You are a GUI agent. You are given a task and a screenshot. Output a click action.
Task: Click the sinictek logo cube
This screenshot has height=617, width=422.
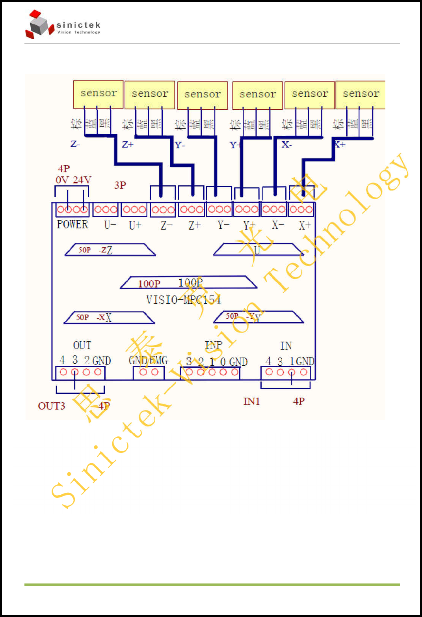click(x=39, y=25)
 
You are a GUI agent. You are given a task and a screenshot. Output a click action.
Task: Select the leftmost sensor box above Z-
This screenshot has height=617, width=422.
click(x=98, y=94)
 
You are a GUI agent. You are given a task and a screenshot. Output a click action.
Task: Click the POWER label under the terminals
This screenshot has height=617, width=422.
click(x=73, y=224)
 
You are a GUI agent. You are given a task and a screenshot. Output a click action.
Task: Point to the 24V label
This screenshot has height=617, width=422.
click(x=82, y=180)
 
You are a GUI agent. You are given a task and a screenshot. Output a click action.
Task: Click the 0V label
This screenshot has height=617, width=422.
click(x=62, y=180)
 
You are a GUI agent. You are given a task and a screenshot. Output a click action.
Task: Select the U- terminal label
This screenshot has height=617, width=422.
click(x=110, y=225)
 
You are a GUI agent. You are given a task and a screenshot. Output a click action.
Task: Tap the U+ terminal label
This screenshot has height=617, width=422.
click(x=135, y=225)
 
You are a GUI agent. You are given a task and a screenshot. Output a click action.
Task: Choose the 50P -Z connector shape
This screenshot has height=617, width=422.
click(x=110, y=250)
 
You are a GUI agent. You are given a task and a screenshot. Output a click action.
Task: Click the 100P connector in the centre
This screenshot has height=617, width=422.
click(x=188, y=282)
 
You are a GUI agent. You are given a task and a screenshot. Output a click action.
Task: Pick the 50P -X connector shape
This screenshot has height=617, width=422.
click(x=109, y=318)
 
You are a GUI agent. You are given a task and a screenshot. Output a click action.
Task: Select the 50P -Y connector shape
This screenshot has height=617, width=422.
click(x=258, y=317)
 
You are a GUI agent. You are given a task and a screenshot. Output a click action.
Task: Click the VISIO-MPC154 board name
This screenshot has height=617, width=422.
click(x=183, y=300)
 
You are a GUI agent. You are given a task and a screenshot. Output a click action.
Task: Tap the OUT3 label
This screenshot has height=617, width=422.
click(x=51, y=406)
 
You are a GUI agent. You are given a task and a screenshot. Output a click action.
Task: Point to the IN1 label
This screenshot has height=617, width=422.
click(x=251, y=402)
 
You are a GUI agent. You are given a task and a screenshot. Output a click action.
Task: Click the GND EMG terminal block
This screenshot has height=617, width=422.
click(x=149, y=372)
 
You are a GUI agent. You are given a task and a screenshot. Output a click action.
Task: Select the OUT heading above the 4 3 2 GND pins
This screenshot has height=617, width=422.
click(x=82, y=346)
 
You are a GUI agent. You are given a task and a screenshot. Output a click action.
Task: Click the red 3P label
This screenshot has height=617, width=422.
click(x=120, y=185)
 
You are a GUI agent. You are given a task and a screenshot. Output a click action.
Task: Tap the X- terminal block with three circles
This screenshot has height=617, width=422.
click(x=274, y=209)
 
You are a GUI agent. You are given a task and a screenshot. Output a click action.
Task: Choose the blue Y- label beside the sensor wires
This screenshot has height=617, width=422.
click(x=180, y=146)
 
